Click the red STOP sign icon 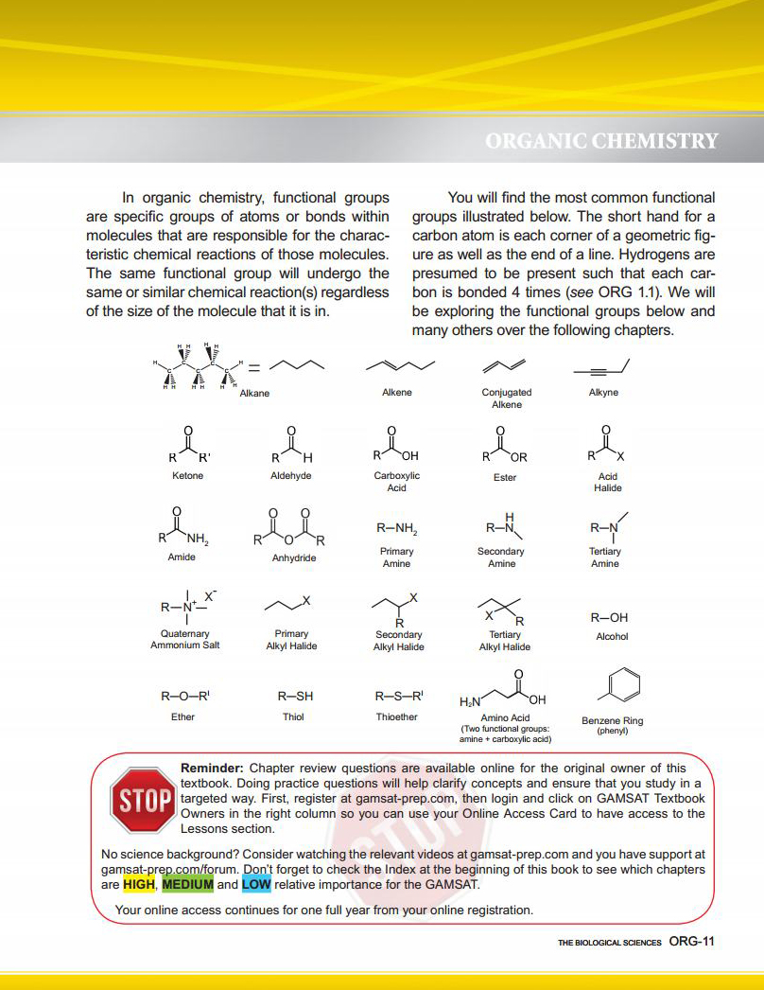143,800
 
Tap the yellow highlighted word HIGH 138,885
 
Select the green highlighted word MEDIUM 187,885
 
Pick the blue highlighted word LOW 255,885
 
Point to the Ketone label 187,475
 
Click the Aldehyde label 290,475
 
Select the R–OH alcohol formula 611,617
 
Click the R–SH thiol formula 294,696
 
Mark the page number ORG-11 690,941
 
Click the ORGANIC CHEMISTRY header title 601,141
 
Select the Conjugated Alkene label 507,398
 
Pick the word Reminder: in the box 213,768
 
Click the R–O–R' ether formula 182,696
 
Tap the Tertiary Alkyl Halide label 505,641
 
